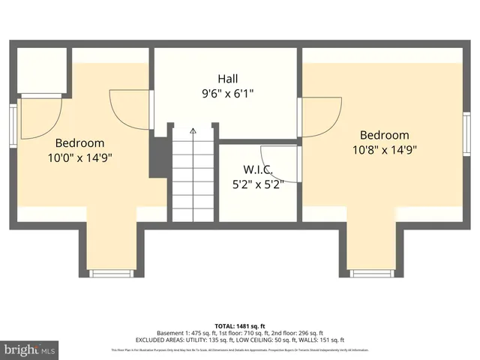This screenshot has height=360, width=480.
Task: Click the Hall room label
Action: [229, 79]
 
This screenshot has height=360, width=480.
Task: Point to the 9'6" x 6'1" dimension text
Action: [229, 94]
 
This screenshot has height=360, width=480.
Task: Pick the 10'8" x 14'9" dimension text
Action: [384, 149]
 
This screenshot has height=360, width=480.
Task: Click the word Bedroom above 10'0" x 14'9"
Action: [79, 142]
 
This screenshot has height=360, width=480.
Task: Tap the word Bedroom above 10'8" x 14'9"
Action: [384, 135]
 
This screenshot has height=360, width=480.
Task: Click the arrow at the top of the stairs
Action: [193, 131]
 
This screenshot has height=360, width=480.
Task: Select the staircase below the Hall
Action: [193, 176]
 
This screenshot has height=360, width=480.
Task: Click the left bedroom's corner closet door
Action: [39, 116]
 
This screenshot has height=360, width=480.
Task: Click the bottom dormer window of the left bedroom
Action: [110, 272]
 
